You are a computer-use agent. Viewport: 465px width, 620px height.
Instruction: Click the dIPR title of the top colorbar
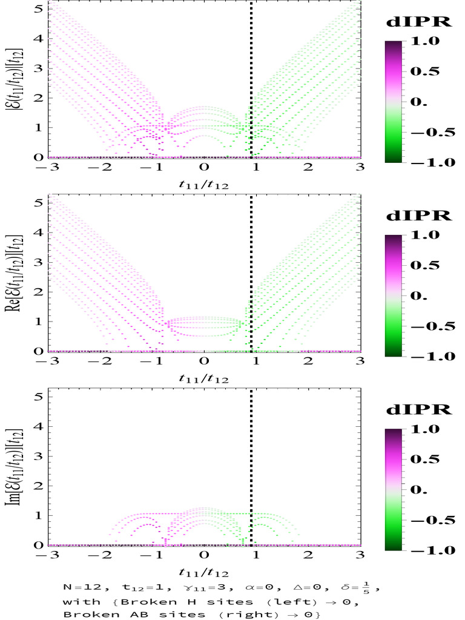click(418, 22)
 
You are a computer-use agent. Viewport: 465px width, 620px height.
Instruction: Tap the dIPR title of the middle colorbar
click(418, 216)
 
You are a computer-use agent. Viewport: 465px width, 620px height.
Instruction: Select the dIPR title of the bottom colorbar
click(418, 410)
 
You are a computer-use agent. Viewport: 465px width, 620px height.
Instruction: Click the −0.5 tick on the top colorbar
click(431, 132)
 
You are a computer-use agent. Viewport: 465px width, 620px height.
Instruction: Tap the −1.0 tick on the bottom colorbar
click(431, 550)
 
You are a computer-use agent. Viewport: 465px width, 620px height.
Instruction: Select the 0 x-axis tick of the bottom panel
click(205, 555)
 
